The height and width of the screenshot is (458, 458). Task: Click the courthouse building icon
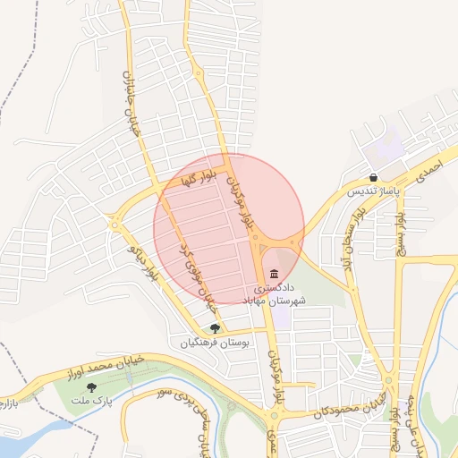(273, 274)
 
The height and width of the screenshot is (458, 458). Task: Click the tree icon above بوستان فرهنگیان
(215, 328)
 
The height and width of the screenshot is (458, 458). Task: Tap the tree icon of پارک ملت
(91, 386)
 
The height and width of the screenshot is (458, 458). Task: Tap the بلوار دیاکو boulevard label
(144, 259)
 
